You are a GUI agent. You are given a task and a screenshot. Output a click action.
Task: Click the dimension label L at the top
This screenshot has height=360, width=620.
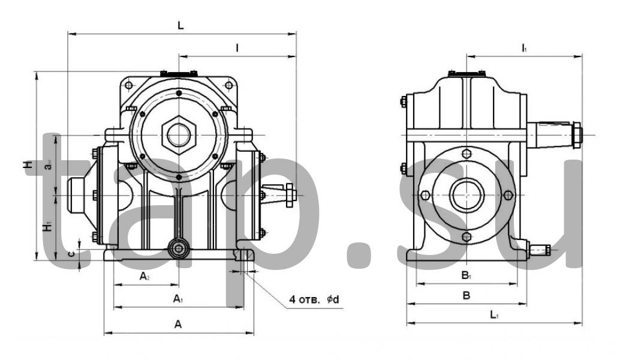tap(180, 26)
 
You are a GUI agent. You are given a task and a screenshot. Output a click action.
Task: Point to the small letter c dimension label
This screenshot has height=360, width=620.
tap(71, 254)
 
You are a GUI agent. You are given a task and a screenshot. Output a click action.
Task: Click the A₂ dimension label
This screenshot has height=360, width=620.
tap(145, 276)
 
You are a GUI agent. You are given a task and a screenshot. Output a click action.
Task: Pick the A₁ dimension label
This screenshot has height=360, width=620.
tap(177, 299)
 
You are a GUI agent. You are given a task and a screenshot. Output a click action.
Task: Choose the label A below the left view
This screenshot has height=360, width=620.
tap(177, 324)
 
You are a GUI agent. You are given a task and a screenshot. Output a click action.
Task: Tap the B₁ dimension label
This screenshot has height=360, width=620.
tap(465, 276)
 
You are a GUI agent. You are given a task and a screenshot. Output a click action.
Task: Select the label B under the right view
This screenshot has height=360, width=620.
tap(465, 295)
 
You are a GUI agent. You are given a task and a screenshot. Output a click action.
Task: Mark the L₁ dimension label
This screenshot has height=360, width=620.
tap(493, 314)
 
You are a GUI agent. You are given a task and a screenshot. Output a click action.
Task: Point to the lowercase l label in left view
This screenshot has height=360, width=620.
tap(237, 48)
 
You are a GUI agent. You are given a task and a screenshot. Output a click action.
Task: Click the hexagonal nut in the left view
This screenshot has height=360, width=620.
tap(178, 133)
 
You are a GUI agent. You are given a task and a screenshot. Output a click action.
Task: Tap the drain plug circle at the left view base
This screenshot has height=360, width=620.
tap(178, 248)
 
